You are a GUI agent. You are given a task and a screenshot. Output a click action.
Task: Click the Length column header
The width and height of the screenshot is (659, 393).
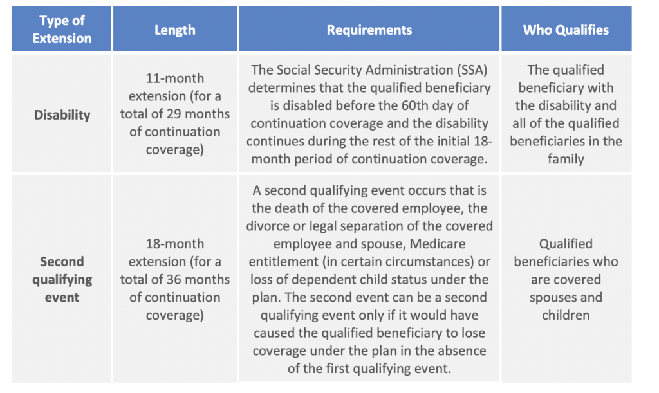[x=175, y=30]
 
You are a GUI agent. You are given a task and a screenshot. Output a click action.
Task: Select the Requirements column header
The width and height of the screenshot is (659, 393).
[x=369, y=30]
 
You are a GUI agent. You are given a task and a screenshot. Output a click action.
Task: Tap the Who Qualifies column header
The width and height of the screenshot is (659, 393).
[x=566, y=30]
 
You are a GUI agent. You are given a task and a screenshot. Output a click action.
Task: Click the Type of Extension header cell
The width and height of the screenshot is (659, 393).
[x=62, y=30]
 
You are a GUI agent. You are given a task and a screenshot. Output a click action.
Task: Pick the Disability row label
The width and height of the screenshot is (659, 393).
[x=62, y=114]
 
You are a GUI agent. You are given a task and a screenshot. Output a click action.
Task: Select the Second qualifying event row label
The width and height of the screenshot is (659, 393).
[x=62, y=279]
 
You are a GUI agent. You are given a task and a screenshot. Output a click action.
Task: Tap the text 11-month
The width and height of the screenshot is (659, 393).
[x=175, y=78]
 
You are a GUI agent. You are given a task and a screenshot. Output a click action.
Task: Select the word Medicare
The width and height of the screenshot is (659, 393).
[x=438, y=244]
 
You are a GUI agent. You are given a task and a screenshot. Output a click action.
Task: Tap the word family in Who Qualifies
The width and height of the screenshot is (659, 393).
[x=566, y=159]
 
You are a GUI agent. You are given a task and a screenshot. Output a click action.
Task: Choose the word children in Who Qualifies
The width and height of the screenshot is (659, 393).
[x=566, y=315]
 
